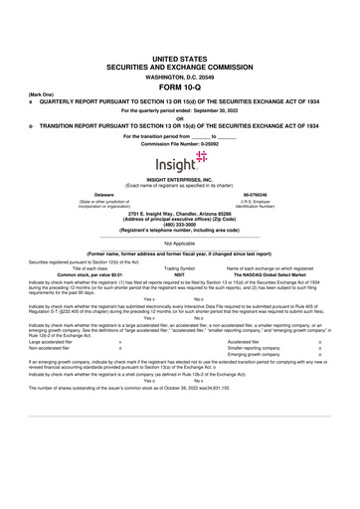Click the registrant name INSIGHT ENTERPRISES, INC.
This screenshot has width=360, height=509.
click(179, 179)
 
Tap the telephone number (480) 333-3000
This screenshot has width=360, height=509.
click(179, 224)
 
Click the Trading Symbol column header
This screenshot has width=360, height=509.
click(179, 266)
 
